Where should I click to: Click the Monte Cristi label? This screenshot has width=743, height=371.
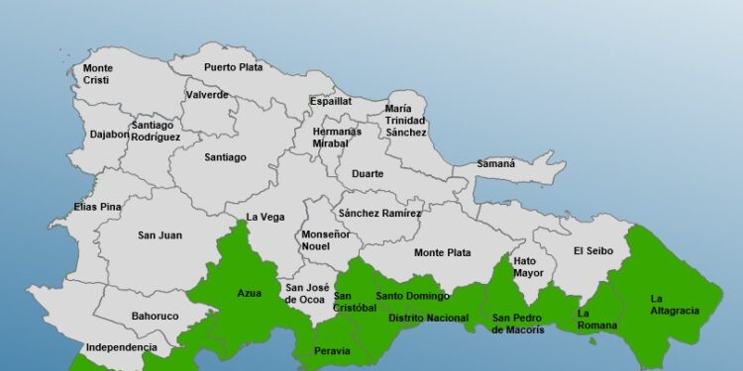[x=97, y=74]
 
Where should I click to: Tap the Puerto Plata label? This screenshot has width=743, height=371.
[x=232, y=67]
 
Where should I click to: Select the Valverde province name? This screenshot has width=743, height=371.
[x=207, y=95]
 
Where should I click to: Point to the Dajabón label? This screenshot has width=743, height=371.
[x=109, y=134]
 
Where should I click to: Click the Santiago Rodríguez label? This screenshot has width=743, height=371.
[x=156, y=131]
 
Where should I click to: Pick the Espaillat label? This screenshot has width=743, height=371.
[x=331, y=101]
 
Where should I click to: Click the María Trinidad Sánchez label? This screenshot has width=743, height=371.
[x=406, y=121]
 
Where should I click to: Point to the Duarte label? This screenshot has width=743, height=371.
[x=368, y=174]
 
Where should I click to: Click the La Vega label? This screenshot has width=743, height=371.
[x=265, y=217]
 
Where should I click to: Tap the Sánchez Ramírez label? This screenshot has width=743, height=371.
[x=379, y=214]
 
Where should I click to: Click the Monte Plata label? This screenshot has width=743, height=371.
[x=442, y=252]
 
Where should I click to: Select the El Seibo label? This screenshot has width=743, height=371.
[x=593, y=250]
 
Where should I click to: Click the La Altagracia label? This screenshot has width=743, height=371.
[x=674, y=304]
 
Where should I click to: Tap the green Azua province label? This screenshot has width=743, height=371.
[x=249, y=293]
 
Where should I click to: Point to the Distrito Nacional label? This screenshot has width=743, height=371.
[x=428, y=318]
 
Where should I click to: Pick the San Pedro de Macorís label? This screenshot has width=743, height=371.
[x=518, y=324]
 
